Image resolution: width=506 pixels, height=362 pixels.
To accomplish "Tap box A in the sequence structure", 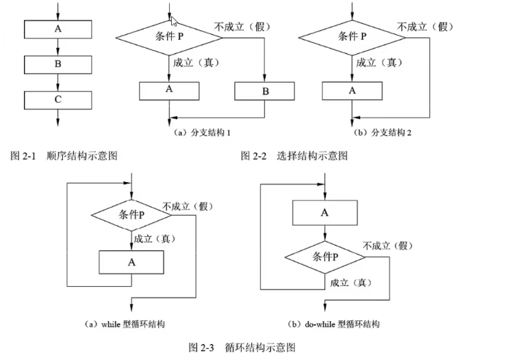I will pyautogui.click(x=58, y=30).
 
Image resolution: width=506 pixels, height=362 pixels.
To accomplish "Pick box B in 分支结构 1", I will pyautogui.click(x=264, y=91).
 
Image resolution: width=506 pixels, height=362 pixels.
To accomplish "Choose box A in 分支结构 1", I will pyautogui.click(x=169, y=91).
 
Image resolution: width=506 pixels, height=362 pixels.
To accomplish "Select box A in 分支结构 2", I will pyautogui.click(x=353, y=91).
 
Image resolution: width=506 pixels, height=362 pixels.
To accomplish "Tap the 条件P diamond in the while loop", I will pyautogui.click(x=131, y=216).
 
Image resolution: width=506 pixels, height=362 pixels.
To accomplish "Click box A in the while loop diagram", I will pyautogui.click(x=131, y=261).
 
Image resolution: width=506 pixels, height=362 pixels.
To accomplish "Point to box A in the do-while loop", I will pyautogui.click(x=325, y=213).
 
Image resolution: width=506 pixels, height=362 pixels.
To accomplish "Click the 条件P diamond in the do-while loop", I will pyautogui.click(x=325, y=257).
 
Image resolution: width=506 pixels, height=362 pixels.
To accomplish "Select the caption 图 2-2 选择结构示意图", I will pyautogui.click(x=294, y=155).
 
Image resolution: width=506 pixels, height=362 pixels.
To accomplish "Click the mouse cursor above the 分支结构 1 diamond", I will pyautogui.click(x=174, y=21).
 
